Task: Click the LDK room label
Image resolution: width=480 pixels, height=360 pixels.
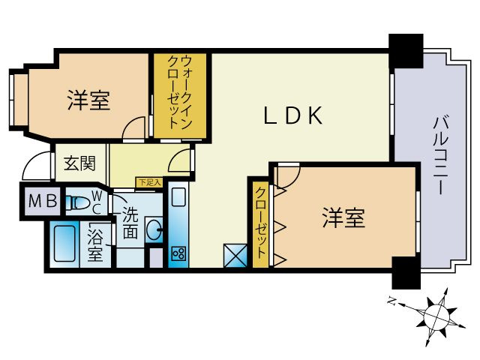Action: pos(292,115)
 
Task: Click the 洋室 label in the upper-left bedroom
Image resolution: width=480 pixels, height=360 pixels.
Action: pos(88,100)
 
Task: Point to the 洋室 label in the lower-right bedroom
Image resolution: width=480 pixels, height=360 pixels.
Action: pos(343,218)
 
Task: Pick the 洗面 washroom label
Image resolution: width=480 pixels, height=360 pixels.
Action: pos(130,223)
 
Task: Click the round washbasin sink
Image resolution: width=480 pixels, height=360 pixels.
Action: pos(154,230)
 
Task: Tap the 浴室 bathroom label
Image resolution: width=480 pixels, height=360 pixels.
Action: pos(95,244)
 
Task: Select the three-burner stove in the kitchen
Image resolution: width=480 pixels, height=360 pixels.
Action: pos(178,252)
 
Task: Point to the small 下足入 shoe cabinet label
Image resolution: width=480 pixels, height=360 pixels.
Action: pos(148,181)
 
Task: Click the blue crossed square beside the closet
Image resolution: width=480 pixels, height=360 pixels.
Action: pos(235,255)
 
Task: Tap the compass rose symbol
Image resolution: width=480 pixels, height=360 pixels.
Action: pos(433,316)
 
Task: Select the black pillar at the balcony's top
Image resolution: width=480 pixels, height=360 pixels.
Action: pos(406,49)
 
